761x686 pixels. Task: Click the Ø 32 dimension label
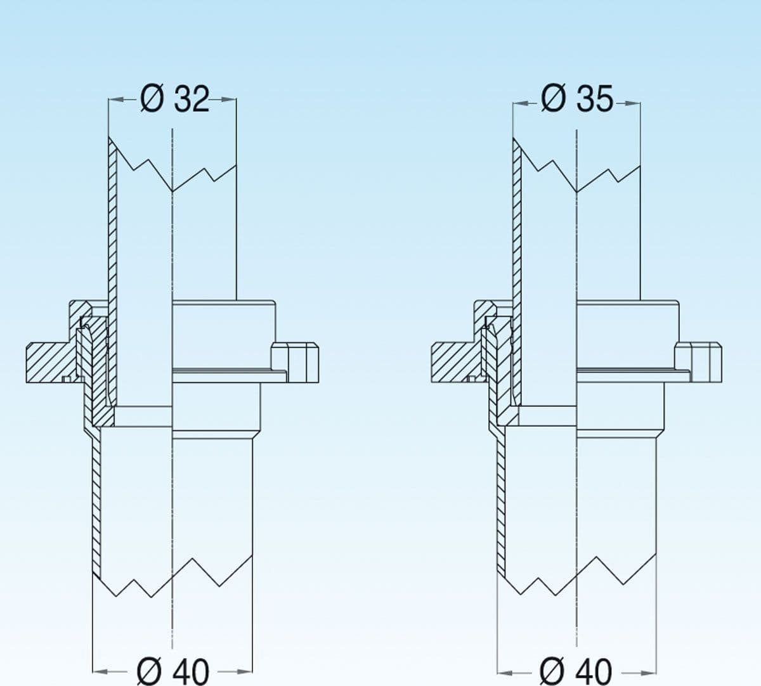click(x=174, y=99)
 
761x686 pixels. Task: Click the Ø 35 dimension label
click(x=577, y=99)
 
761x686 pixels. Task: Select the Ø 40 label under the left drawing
click(x=172, y=671)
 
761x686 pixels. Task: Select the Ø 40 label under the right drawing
click(x=576, y=671)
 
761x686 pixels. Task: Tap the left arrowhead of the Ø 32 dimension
click(x=116, y=100)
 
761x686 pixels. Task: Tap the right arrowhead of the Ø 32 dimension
click(x=229, y=100)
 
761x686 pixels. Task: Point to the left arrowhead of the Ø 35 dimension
click(x=520, y=103)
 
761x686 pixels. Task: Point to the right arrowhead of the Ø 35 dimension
click(x=633, y=103)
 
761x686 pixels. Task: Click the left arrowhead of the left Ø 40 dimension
click(x=101, y=672)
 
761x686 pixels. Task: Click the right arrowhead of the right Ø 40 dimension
click(x=649, y=673)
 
